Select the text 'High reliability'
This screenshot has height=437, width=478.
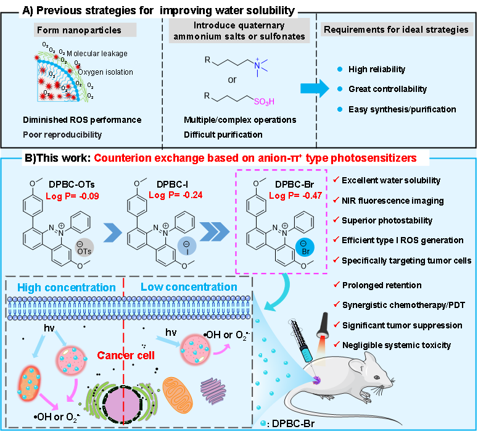377,69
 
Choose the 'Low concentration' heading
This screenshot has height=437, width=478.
189,287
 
